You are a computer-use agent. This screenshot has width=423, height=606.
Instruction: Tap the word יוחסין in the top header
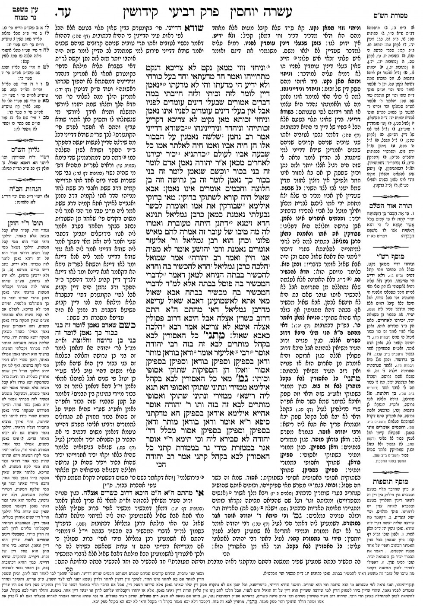272,7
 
